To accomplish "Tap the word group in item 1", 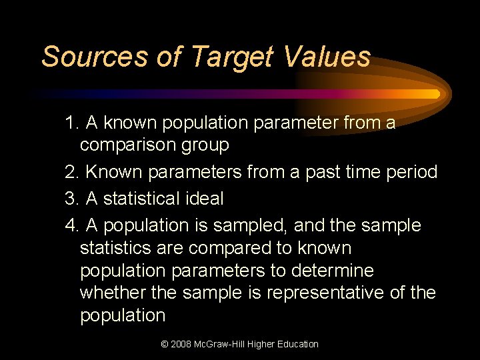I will [x=207, y=145].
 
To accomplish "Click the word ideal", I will [x=201, y=199].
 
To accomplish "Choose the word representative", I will [x=331, y=293].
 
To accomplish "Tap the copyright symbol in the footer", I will [x=165, y=345].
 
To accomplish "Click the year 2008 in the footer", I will [x=182, y=345].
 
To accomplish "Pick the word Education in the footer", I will [x=297, y=345].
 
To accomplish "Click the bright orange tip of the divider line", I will [x=435, y=94].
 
